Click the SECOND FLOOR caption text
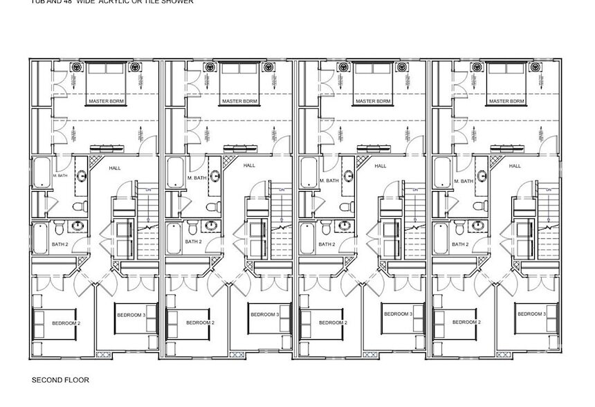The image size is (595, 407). tap(60, 380)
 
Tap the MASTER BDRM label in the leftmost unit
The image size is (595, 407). tap(106, 101)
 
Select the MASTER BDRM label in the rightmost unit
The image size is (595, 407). tap(506, 101)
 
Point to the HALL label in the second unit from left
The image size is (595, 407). tap(249, 166)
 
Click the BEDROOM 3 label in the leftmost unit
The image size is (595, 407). tap(131, 315)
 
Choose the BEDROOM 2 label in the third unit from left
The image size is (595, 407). tap(333, 323)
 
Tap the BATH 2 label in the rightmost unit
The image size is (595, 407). tap(458, 244)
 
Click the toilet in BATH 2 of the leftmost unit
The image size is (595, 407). tap(59, 228)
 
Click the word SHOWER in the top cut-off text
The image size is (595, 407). tap(174, 2)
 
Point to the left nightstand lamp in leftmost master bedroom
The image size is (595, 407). tap(76, 67)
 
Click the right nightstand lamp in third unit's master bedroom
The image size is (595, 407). tap(403, 67)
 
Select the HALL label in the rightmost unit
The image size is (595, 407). tap(515, 166)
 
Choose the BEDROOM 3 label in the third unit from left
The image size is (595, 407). tap(398, 315)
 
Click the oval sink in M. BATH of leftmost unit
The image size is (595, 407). tap(82, 176)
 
